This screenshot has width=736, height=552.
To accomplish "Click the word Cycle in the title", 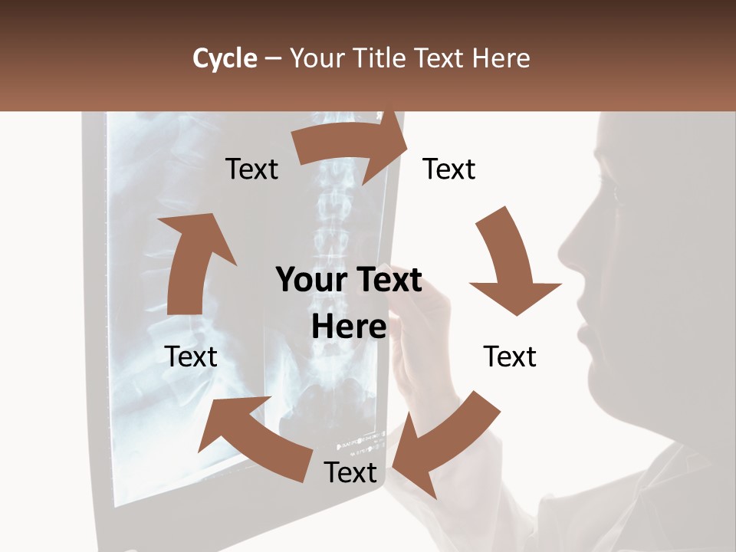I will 225,58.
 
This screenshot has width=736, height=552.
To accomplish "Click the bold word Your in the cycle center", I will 305,281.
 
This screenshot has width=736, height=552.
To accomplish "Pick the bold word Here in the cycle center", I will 349,327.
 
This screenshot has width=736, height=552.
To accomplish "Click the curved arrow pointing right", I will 353,150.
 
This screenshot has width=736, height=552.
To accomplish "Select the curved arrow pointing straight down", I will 512,264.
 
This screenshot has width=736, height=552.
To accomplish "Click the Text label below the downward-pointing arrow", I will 510,356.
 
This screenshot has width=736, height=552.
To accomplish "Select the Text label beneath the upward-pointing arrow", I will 191,356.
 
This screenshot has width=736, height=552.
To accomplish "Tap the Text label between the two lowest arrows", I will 350,472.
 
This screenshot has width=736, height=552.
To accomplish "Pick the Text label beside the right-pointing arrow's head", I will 449,169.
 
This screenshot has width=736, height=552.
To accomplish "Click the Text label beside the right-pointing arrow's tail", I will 251,169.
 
